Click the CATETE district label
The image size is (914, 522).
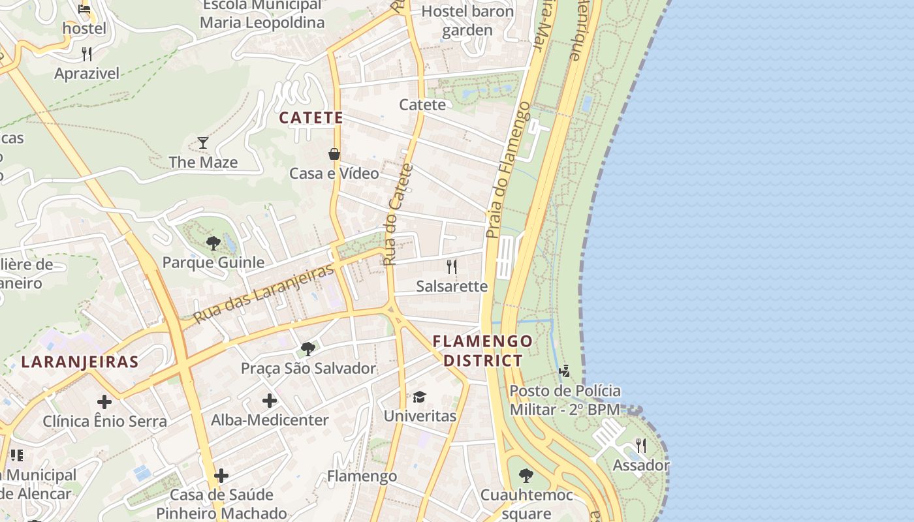pyautogui.click(x=311, y=118)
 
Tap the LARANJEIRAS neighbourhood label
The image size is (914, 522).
pyautogui.click(x=80, y=362)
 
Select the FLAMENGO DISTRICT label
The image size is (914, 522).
pyautogui.click(x=482, y=350)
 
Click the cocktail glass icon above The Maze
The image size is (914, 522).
pyautogui.click(x=203, y=142)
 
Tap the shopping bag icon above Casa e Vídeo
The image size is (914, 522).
pyautogui.click(x=334, y=154)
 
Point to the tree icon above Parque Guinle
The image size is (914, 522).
pyautogui.click(x=213, y=243)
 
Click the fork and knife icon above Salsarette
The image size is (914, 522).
pyautogui.click(x=451, y=266)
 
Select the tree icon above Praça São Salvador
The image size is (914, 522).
pyautogui.click(x=308, y=349)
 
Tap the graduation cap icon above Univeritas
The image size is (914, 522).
pyautogui.click(x=419, y=397)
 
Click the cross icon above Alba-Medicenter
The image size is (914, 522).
pyautogui.click(x=270, y=401)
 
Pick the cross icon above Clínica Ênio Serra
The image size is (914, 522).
pyautogui.click(x=104, y=402)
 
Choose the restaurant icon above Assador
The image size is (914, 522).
pyautogui.click(x=640, y=446)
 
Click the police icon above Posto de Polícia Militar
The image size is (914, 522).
pyautogui.click(x=564, y=371)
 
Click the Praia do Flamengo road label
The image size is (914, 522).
pyautogui.click(x=507, y=170)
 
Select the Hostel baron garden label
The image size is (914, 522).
pyautogui.click(x=467, y=20)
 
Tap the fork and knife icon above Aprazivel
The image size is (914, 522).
pyautogui.click(x=87, y=54)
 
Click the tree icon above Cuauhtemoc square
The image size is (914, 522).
pyautogui.click(x=526, y=475)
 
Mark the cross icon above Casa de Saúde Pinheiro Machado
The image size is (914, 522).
pyautogui.click(x=221, y=476)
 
